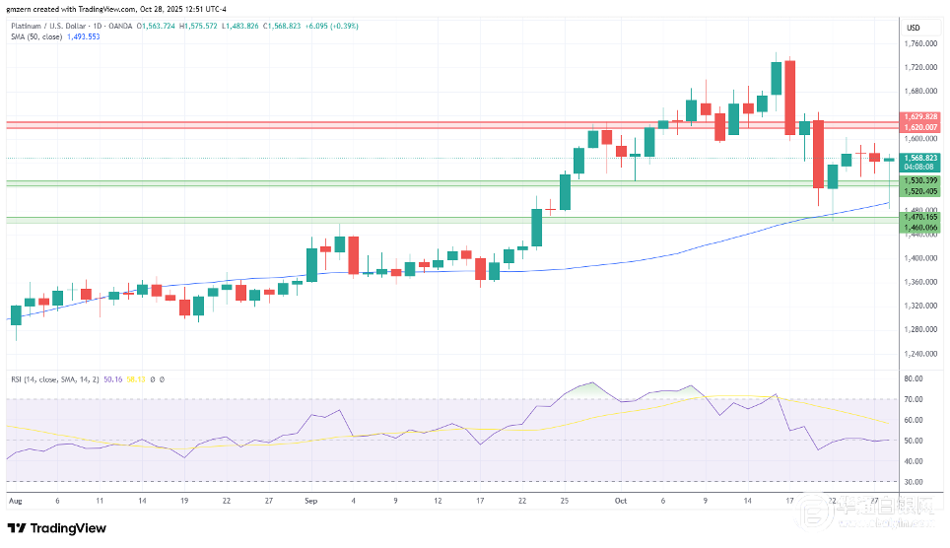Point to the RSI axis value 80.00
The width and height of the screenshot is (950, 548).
coord(913,378)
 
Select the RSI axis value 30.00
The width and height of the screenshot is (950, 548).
coord(913,482)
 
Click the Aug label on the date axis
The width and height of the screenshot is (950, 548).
coord(14,501)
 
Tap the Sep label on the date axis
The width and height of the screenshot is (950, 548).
coord(310,501)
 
